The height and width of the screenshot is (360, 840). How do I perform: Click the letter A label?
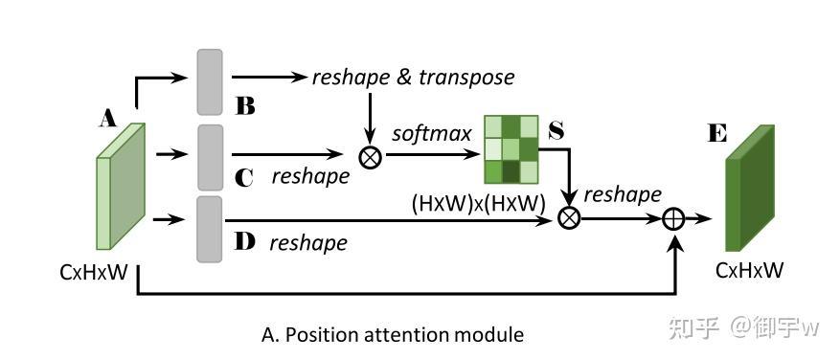click(x=108, y=119)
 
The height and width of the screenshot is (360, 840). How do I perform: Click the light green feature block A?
click(x=120, y=188)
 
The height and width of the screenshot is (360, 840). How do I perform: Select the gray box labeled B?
click(x=210, y=81)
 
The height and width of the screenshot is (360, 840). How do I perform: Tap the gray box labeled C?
click(x=210, y=156)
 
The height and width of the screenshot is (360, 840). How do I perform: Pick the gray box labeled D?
click(x=210, y=228)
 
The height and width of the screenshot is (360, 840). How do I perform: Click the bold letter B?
click(x=245, y=106)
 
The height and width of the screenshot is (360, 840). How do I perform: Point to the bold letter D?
click(x=245, y=241)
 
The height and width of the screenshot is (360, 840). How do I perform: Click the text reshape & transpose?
click(x=413, y=77)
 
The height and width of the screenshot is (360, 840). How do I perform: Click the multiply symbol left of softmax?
click(x=369, y=153)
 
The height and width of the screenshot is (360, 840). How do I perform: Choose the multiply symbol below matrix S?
click(x=569, y=219)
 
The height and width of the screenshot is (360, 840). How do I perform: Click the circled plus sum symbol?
click(x=676, y=219)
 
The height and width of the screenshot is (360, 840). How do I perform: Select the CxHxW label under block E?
click(x=749, y=271)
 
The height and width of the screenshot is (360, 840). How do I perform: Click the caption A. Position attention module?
click(x=393, y=335)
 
